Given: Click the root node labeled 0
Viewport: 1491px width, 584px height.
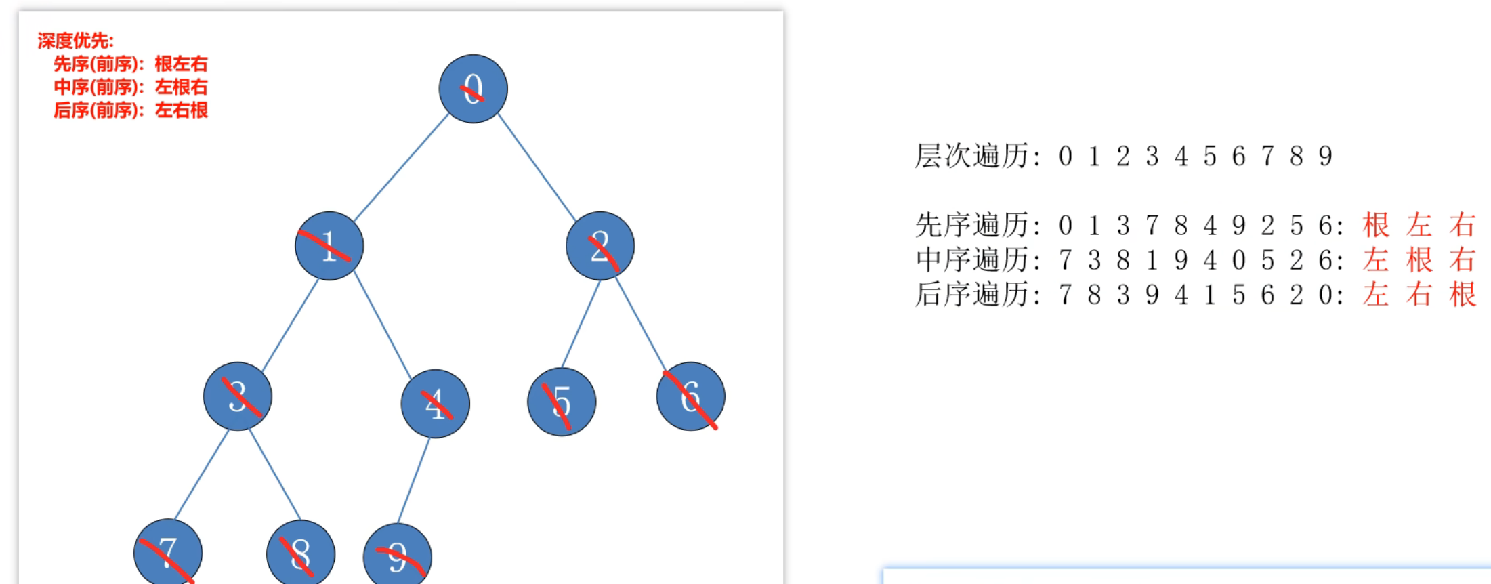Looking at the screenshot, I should pyautogui.click(x=473, y=89).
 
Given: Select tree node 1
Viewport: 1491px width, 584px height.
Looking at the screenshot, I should pyautogui.click(x=329, y=246).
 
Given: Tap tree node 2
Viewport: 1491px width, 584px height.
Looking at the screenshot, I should pyautogui.click(x=600, y=246).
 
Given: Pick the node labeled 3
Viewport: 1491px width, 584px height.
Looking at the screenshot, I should pyautogui.click(x=238, y=396).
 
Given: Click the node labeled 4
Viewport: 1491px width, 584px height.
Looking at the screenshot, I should pyautogui.click(x=436, y=404).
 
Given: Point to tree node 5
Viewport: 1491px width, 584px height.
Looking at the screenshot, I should pyautogui.click(x=562, y=402).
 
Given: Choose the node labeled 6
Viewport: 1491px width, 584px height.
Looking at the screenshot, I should pyautogui.click(x=690, y=396).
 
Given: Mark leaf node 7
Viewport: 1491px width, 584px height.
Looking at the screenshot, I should pyautogui.click(x=168, y=553).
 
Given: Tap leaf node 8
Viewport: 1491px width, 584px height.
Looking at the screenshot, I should pyautogui.click(x=301, y=554).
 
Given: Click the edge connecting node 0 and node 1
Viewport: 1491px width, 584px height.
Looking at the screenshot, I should pyautogui.click(x=401, y=167).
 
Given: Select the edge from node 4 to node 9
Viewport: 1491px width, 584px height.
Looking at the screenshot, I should pyautogui.click(x=414, y=480).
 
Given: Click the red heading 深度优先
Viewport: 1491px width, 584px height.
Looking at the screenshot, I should pyautogui.click(x=75, y=41).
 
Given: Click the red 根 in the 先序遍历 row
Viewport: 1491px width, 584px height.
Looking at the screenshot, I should pyautogui.click(x=1376, y=225).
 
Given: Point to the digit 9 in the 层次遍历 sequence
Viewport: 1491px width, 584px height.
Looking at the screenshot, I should pyautogui.click(x=1325, y=157).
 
